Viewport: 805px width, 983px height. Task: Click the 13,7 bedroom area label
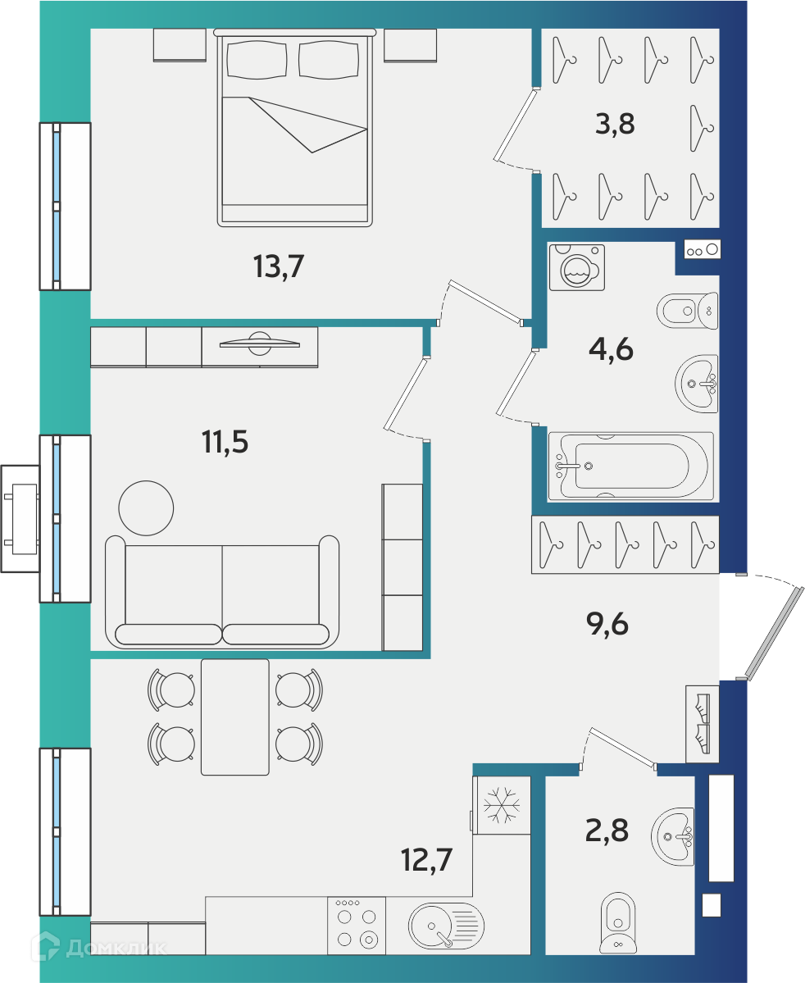click(279, 266)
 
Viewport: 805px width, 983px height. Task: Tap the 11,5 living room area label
click(225, 441)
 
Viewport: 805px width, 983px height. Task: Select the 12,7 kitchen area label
click(426, 859)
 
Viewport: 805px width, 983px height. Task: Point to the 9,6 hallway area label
click(607, 624)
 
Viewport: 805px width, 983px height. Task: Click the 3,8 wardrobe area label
click(615, 124)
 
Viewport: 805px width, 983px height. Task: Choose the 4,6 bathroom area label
click(612, 348)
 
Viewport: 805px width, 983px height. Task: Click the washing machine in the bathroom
click(577, 267)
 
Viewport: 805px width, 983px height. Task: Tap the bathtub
click(630, 466)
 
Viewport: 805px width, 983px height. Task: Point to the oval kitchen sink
click(447, 926)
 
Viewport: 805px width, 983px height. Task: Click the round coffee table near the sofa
click(146, 507)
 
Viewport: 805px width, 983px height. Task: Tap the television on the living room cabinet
click(260, 343)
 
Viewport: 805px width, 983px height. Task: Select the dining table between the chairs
click(235, 717)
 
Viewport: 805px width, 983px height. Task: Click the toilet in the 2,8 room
click(618, 922)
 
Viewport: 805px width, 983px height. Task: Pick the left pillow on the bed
click(257, 60)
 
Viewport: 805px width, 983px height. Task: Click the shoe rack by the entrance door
click(703, 724)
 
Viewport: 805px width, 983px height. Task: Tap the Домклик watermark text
click(117, 949)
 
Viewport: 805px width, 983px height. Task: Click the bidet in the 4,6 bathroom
click(687, 311)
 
